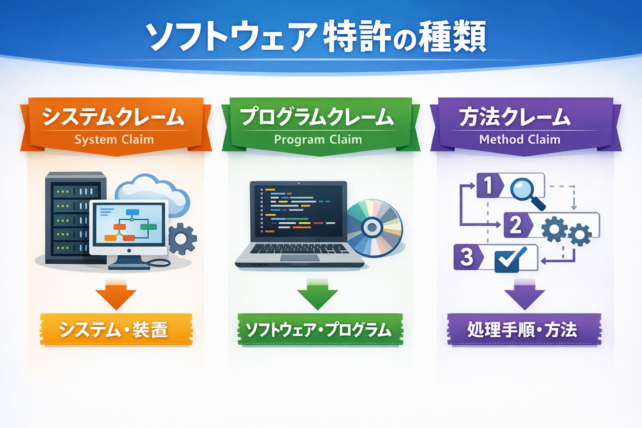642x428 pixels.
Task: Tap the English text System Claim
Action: (x=114, y=140)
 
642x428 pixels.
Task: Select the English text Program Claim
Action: (x=318, y=140)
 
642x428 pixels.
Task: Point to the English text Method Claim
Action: (x=520, y=140)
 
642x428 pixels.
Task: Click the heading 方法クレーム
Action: (x=515, y=117)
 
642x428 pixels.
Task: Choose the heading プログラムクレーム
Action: (x=317, y=117)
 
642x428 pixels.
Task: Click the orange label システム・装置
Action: (x=114, y=330)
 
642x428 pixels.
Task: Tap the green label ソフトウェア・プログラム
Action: (x=318, y=330)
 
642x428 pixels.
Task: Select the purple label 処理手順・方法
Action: (x=522, y=330)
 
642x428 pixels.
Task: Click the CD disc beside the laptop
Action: (x=373, y=228)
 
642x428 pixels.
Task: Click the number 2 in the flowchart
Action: (x=516, y=225)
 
